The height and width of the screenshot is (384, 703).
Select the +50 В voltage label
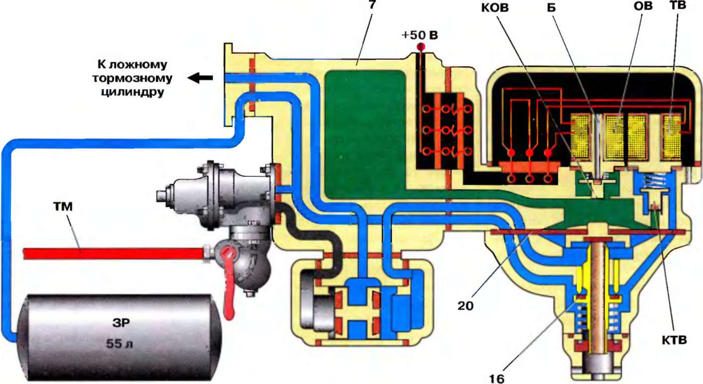418,36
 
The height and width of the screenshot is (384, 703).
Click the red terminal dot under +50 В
420,48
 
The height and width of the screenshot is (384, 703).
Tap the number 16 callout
496,378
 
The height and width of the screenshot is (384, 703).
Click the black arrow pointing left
200,78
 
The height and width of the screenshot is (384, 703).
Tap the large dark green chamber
366,129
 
